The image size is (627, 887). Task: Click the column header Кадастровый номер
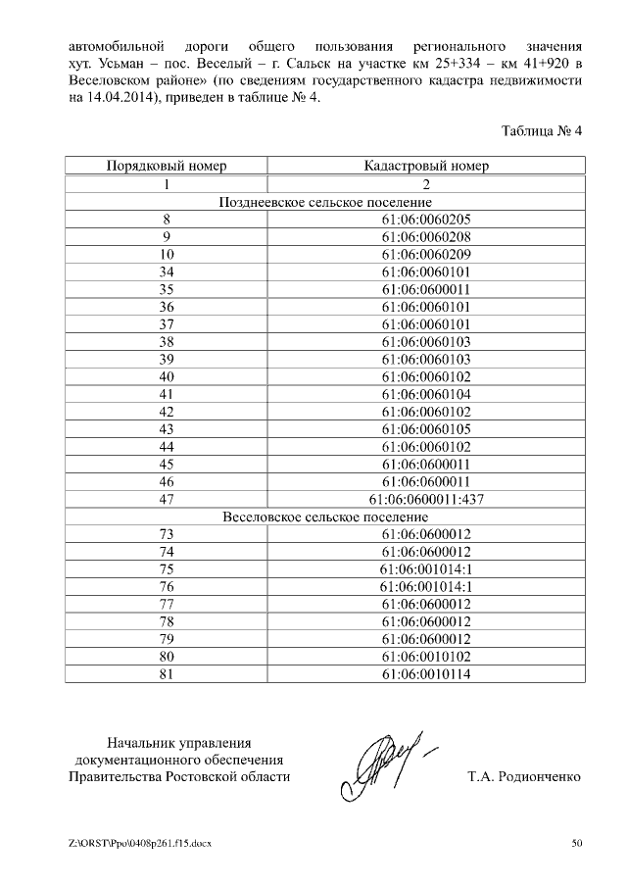pyautogui.click(x=426, y=166)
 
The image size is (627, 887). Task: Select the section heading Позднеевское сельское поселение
pyautogui.click(x=324, y=201)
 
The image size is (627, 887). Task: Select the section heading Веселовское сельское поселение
pyautogui.click(x=324, y=517)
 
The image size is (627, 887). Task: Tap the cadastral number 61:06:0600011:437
pyautogui.click(x=426, y=499)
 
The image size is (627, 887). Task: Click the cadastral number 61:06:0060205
pyautogui.click(x=426, y=219)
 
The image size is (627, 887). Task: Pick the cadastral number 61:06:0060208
pyautogui.click(x=426, y=236)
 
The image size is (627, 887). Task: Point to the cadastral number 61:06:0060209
pyautogui.click(x=426, y=254)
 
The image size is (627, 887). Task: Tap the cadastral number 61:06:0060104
pyautogui.click(x=426, y=394)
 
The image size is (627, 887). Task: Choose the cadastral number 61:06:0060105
pyautogui.click(x=426, y=429)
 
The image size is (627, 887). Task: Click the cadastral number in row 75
pyautogui.click(x=426, y=569)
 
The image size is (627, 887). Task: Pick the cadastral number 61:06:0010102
pyautogui.click(x=426, y=657)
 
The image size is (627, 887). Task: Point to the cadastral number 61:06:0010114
pyautogui.click(x=426, y=674)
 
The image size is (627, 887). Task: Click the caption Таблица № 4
pyautogui.click(x=542, y=130)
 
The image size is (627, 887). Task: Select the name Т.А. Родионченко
pyautogui.click(x=524, y=777)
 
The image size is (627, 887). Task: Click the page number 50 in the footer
pyautogui.click(x=577, y=843)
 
